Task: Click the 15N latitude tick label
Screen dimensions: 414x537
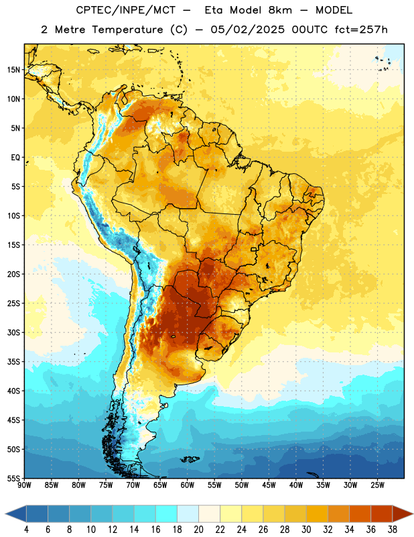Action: click(13, 70)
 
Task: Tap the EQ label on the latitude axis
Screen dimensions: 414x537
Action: click(15, 158)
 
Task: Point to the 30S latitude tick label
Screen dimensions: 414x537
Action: click(13, 332)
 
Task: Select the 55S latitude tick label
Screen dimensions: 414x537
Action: click(13, 478)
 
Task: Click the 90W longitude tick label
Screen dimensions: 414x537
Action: click(24, 485)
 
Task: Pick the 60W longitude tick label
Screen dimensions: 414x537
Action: click(188, 485)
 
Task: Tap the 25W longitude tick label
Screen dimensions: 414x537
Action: click(377, 485)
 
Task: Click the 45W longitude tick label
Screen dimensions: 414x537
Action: click(269, 485)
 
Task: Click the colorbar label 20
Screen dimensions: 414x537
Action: click(198, 530)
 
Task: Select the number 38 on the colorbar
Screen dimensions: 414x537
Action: click(393, 530)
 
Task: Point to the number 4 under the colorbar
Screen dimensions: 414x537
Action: click(26, 530)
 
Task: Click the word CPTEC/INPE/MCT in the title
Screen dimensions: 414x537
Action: click(125, 10)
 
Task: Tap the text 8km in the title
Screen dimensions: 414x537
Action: click(280, 10)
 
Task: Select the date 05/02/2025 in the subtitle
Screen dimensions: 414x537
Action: click(247, 30)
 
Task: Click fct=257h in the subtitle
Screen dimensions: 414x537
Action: click(361, 30)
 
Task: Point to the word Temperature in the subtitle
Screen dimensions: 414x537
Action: click(127, 30)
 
